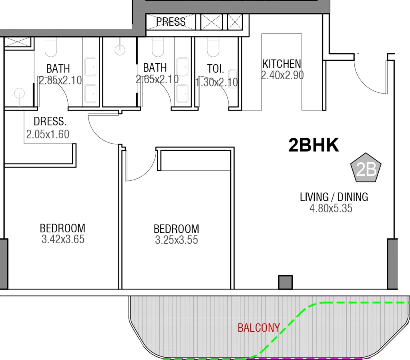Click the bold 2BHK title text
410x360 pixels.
tap(314, 146)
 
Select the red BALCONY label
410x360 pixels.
tap(258, 328)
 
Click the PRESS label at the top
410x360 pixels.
tap(171, 22)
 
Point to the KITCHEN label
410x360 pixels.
tap(282, 64)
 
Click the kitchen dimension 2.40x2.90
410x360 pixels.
tap(282, 75)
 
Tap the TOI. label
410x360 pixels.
tap(215, 69)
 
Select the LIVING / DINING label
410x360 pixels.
tap(334, 197)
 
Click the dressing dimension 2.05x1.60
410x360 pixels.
tap(48, 134)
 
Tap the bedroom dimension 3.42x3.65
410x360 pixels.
tap(63, 240)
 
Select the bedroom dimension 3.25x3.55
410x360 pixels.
tap(177, 240)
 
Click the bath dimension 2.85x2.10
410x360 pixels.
tap(60, 80)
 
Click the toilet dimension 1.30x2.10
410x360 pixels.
tap(217, 82)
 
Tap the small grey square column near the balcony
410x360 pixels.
tap(285, 282)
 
